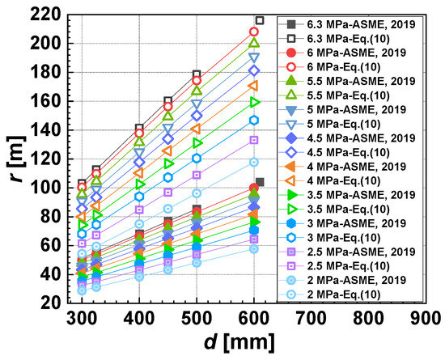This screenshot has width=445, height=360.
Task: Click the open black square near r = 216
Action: point(260,20)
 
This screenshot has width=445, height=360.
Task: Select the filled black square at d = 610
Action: point(260,182)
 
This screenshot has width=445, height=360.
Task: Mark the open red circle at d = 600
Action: point(254,32)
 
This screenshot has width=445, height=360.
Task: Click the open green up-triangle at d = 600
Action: point(254,43)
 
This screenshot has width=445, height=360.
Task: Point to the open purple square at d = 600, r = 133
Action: point(254,140)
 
